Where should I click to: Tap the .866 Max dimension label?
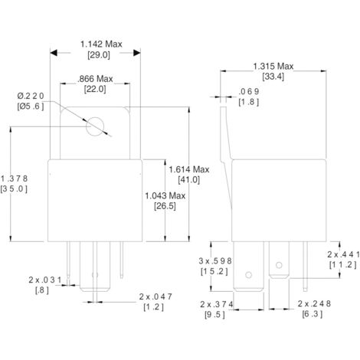95,79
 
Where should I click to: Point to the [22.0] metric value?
95,91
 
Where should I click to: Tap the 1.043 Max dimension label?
165,195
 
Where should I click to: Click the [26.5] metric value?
165,206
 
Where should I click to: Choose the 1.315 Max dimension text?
273,65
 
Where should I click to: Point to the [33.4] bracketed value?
273,77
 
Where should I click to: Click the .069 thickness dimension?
250,91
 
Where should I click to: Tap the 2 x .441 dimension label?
342,254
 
